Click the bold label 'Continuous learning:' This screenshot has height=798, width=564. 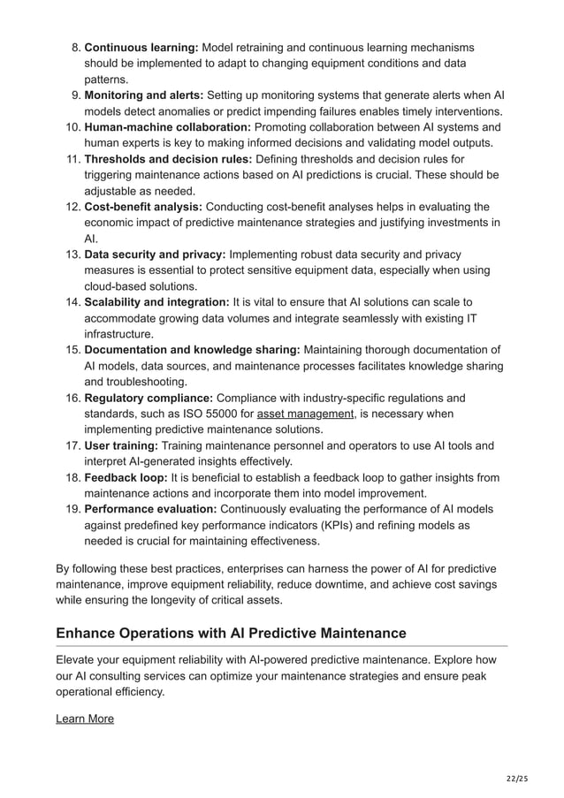[141, 47]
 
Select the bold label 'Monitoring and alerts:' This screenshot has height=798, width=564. [143, 95]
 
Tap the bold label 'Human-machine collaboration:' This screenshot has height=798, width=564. [167, 126]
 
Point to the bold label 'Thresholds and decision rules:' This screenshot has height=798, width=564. [168, 159]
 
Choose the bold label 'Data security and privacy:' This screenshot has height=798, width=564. [155, 255]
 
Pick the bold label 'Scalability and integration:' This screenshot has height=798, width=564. [156, 302]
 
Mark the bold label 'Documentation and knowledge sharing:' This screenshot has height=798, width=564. [192, 350]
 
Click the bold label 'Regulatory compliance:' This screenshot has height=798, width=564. [148, 398]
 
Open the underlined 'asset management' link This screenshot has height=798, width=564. [305, 414]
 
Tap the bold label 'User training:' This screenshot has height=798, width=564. [122, 445]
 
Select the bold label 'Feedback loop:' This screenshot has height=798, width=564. [126, 477]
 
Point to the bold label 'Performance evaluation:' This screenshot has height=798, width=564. [149, 509]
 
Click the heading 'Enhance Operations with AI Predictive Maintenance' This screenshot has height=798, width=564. [231, 633]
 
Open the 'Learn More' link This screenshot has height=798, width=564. [85, 718]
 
